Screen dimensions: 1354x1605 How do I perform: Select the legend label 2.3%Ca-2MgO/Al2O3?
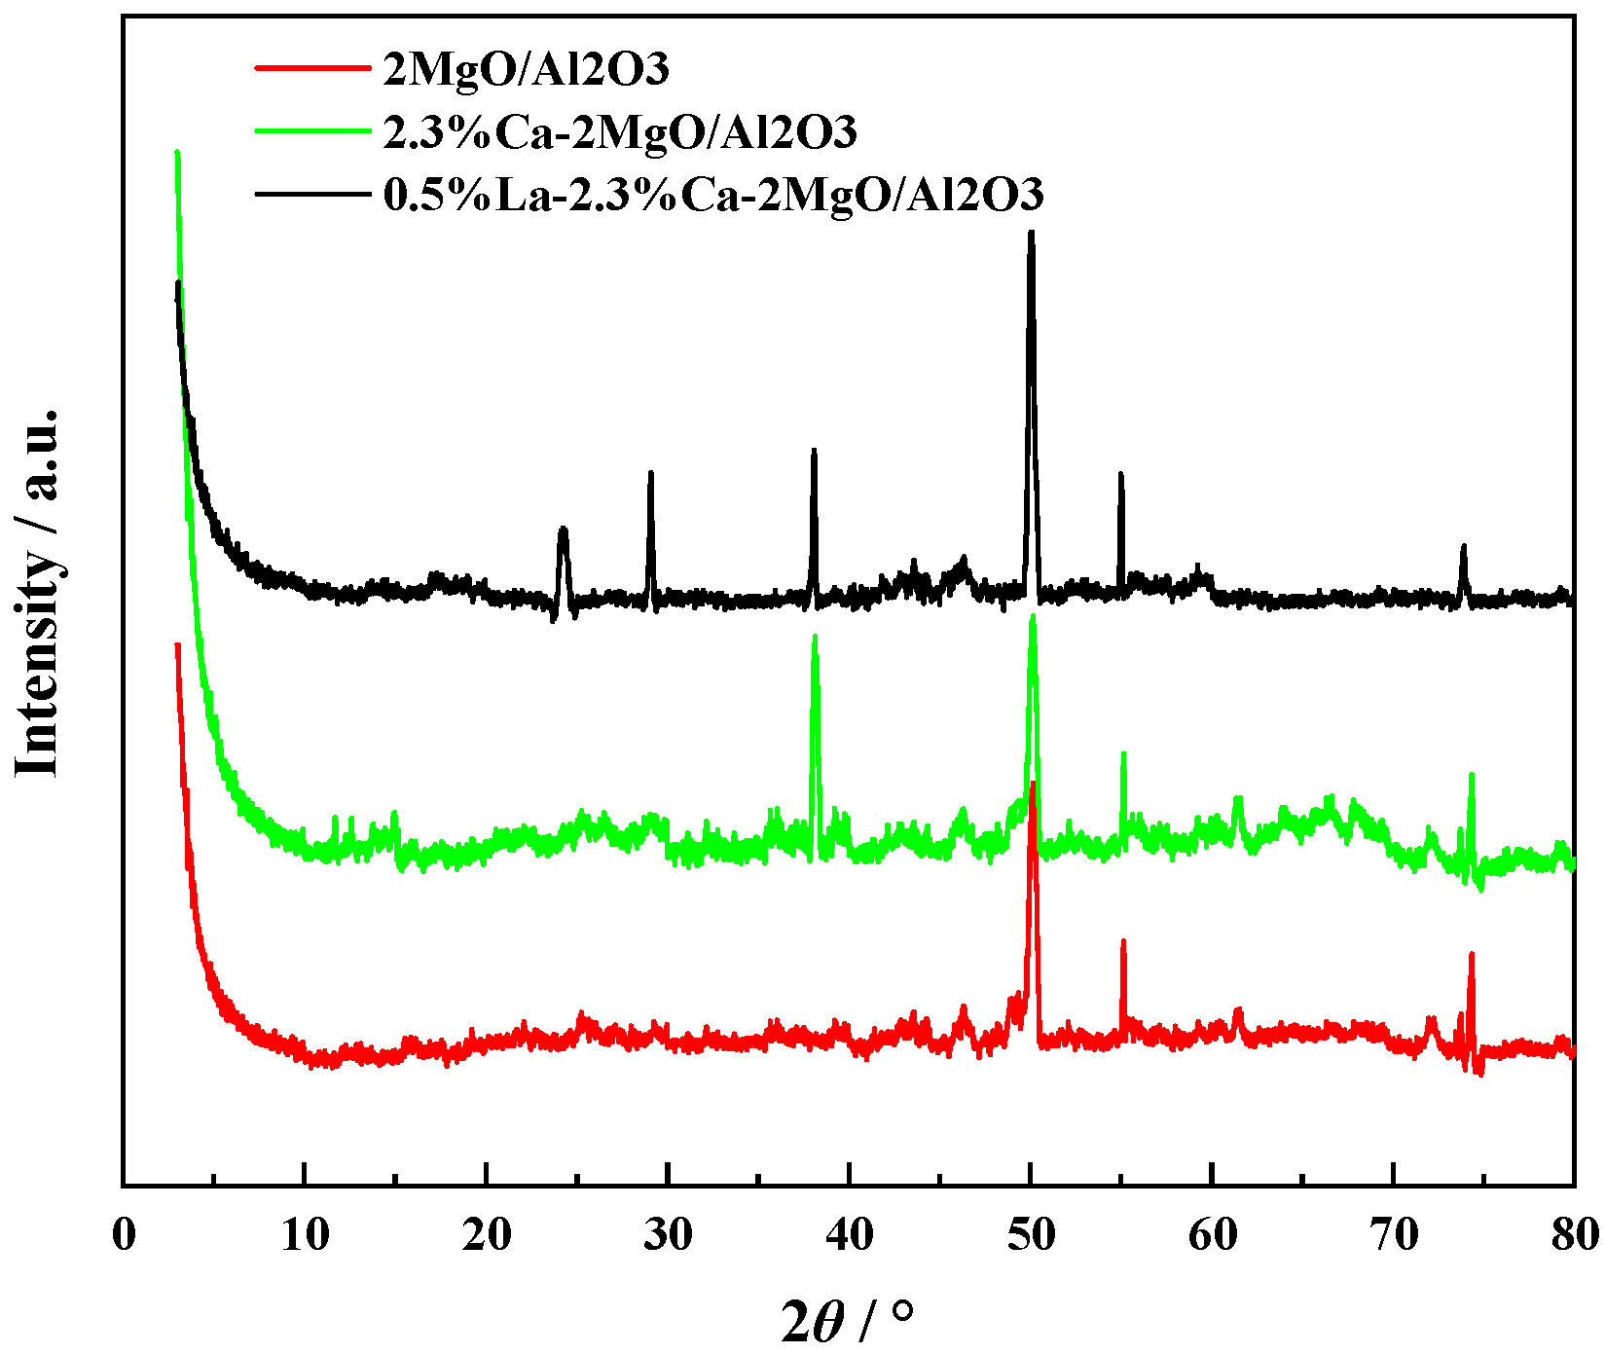620,131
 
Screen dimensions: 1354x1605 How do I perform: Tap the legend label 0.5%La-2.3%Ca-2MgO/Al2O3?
713,194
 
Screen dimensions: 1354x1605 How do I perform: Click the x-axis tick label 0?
124,1235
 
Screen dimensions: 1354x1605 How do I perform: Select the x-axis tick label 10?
305,1235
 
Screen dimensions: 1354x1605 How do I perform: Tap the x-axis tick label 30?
668,1235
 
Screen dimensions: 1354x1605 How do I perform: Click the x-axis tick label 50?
1031,1235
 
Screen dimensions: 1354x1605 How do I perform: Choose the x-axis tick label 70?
1394,1235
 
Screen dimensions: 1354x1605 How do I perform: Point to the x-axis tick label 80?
1573,1235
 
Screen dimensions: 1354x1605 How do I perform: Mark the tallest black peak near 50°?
1031,234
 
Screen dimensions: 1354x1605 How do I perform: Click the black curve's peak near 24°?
563,531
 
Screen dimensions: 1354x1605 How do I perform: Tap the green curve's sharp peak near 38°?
815,638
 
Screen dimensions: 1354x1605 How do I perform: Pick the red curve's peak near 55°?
1123,942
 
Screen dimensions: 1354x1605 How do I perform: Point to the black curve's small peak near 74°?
1463,547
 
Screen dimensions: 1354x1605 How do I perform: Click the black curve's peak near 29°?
650,473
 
